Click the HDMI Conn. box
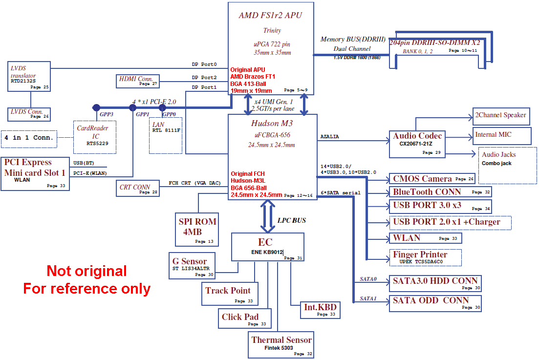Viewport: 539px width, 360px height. (x=137, y=81)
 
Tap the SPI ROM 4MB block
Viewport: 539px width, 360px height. (x=197, y=230)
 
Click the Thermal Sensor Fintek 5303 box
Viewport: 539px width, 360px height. (x=281, y=344)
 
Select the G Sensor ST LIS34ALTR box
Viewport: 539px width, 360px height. (x=193, y=266)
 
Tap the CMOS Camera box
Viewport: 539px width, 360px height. (x=431, y=179)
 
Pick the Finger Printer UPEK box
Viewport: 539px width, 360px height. (x=425, y=257)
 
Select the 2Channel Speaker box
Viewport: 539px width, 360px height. (x=500, y=116)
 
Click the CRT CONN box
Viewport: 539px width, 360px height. (x=138, y=188)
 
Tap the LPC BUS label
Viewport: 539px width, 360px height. (x=292, y=220)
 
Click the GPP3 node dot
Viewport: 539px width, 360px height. (x=96, y=107)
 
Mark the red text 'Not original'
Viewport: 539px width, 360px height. (x=86, y=271)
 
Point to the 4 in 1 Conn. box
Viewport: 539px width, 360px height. (x=29, y=138)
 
